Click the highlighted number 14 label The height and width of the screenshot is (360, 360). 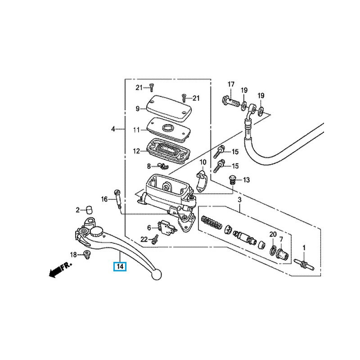pyautogui.click(x=120, y=266)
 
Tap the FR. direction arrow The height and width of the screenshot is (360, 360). pyautogui.click(x=58, y=270)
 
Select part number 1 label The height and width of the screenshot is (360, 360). pyautogui.click(x=304, y=247)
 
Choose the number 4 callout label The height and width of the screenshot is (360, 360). pyautogui.click(x=113, y=129)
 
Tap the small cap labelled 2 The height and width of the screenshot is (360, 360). pyautogui.click(x=89, y=209)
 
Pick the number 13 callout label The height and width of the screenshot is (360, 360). pyautogui.click(x=246, y=180)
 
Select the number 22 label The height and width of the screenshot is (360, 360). pyautogui.click(x=144, y=238)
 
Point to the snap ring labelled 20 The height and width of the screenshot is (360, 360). pyautogui.click(x=273, y=249)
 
